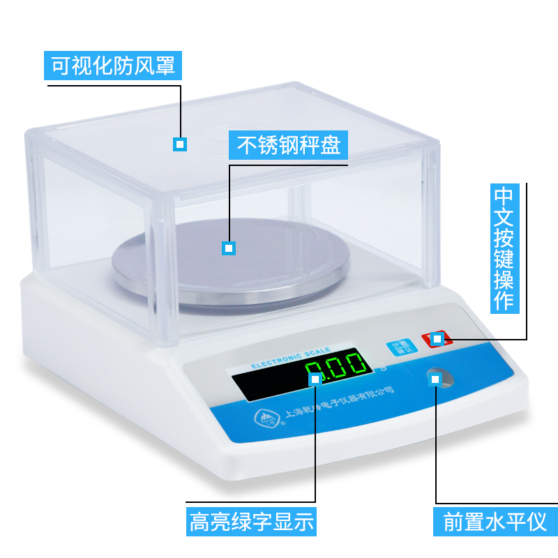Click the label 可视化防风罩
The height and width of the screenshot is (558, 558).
click(x=114, y=66)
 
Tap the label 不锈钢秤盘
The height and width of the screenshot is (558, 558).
click(x=289, y=146)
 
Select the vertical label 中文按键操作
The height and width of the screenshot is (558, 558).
click(x=504, y=248)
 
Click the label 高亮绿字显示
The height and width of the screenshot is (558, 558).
click(x=252, y=521)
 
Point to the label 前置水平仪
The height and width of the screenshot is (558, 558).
click(x=496, y=521)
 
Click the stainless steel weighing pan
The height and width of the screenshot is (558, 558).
click(x=230, y=269)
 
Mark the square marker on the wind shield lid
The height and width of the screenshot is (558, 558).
click(x=180, y=144)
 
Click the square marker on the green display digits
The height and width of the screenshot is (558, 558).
click(x=315, y=379)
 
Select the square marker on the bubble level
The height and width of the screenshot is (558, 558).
click(x=436, y=379)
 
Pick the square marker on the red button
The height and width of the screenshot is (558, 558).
click(x=437, y=339)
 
